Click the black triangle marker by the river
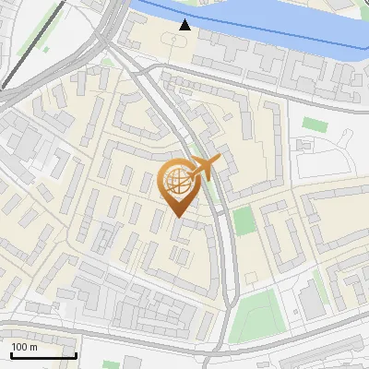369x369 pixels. (185, 25)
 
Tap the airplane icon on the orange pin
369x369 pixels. (206, 168)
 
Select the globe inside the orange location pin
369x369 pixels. (179, 182)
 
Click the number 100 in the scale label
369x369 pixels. (19, 346)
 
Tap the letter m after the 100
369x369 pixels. (33, 346)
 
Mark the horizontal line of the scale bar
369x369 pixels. (43, 355)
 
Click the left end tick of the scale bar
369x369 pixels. (11, 353)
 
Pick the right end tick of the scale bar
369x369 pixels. (76, 353)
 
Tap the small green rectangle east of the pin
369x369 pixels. (243, 220)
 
